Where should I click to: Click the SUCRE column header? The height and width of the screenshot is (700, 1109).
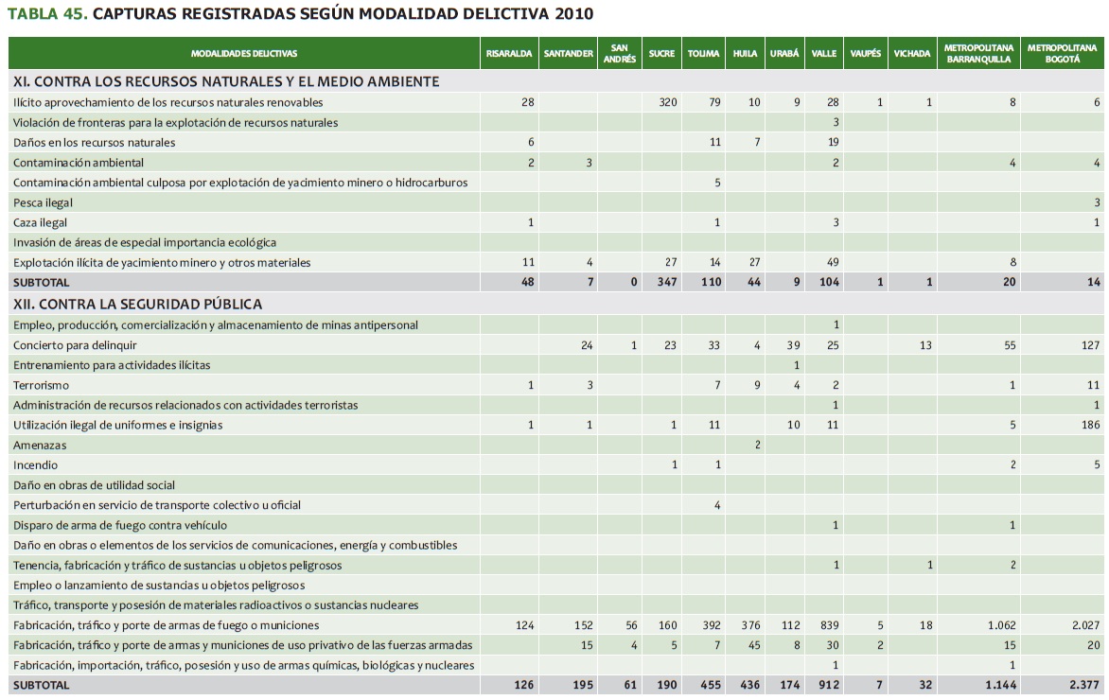(x=661, y=54)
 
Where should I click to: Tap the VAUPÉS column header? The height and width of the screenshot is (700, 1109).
(x=865, y=54)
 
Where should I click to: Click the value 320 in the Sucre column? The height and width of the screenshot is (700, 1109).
(x=667, y=102)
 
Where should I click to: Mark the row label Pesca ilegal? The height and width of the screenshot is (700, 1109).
(x=43, y=202)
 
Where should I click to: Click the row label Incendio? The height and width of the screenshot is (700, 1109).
(x=35, y=465)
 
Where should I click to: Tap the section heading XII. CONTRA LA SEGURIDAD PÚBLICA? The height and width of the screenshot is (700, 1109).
(x=137, y=305)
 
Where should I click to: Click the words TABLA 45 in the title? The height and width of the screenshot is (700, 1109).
(x=47, y=15)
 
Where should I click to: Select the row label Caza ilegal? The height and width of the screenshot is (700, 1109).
(x=40, y=222)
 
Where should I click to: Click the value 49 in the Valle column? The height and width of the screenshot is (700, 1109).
(x=833, y=262)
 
